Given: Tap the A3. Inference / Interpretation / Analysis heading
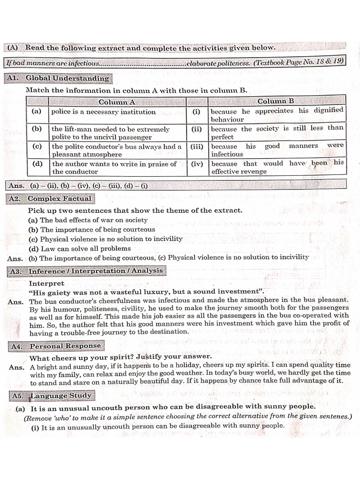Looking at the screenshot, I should pos(86,271).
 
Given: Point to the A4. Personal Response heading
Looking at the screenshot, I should pos(55,346).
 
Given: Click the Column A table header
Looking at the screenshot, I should pos(117,102).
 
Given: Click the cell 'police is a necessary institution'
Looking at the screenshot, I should pos(104,112).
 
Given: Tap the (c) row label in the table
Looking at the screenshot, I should pos(37,146).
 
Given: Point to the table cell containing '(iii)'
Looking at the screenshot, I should pos(197,146).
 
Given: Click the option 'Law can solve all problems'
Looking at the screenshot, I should pos(80,248).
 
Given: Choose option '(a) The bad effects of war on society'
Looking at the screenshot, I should pos(88,220).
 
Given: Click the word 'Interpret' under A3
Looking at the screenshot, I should pos(46,284).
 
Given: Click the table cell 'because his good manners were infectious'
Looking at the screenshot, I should pos(277,150).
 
